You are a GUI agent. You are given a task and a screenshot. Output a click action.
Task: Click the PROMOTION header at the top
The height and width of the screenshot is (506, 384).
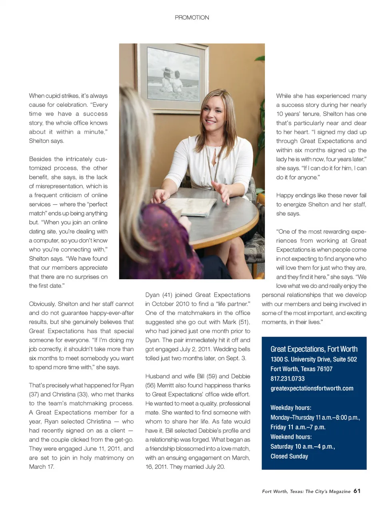[192, 18]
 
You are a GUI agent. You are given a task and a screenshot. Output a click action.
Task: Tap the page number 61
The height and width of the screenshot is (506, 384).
[357, 491]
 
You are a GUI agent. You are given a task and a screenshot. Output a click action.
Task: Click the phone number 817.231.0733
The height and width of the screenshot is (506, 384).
[287, 378]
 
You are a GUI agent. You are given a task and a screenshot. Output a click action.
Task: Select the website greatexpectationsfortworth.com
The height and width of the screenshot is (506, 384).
[312, 388]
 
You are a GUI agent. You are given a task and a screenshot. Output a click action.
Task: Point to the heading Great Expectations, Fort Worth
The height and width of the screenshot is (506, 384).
[314, 349]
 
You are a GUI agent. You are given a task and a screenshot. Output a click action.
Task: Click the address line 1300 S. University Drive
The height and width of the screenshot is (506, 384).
[313, 359]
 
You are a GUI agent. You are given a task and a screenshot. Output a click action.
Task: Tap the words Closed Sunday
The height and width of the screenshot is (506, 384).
[289, 456]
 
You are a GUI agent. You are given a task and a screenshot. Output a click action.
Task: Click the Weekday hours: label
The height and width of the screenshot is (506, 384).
[290, 408]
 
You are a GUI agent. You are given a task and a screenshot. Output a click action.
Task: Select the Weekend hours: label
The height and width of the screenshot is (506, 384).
[291, 437]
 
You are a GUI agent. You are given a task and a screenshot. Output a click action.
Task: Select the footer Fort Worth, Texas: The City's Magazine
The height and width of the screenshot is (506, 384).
[306, 491]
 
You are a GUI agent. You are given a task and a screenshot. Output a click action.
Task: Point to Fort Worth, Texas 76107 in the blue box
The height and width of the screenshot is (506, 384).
[301, 369]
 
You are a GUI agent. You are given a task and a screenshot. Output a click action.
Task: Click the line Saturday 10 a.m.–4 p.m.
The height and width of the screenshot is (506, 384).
[302, 446]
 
